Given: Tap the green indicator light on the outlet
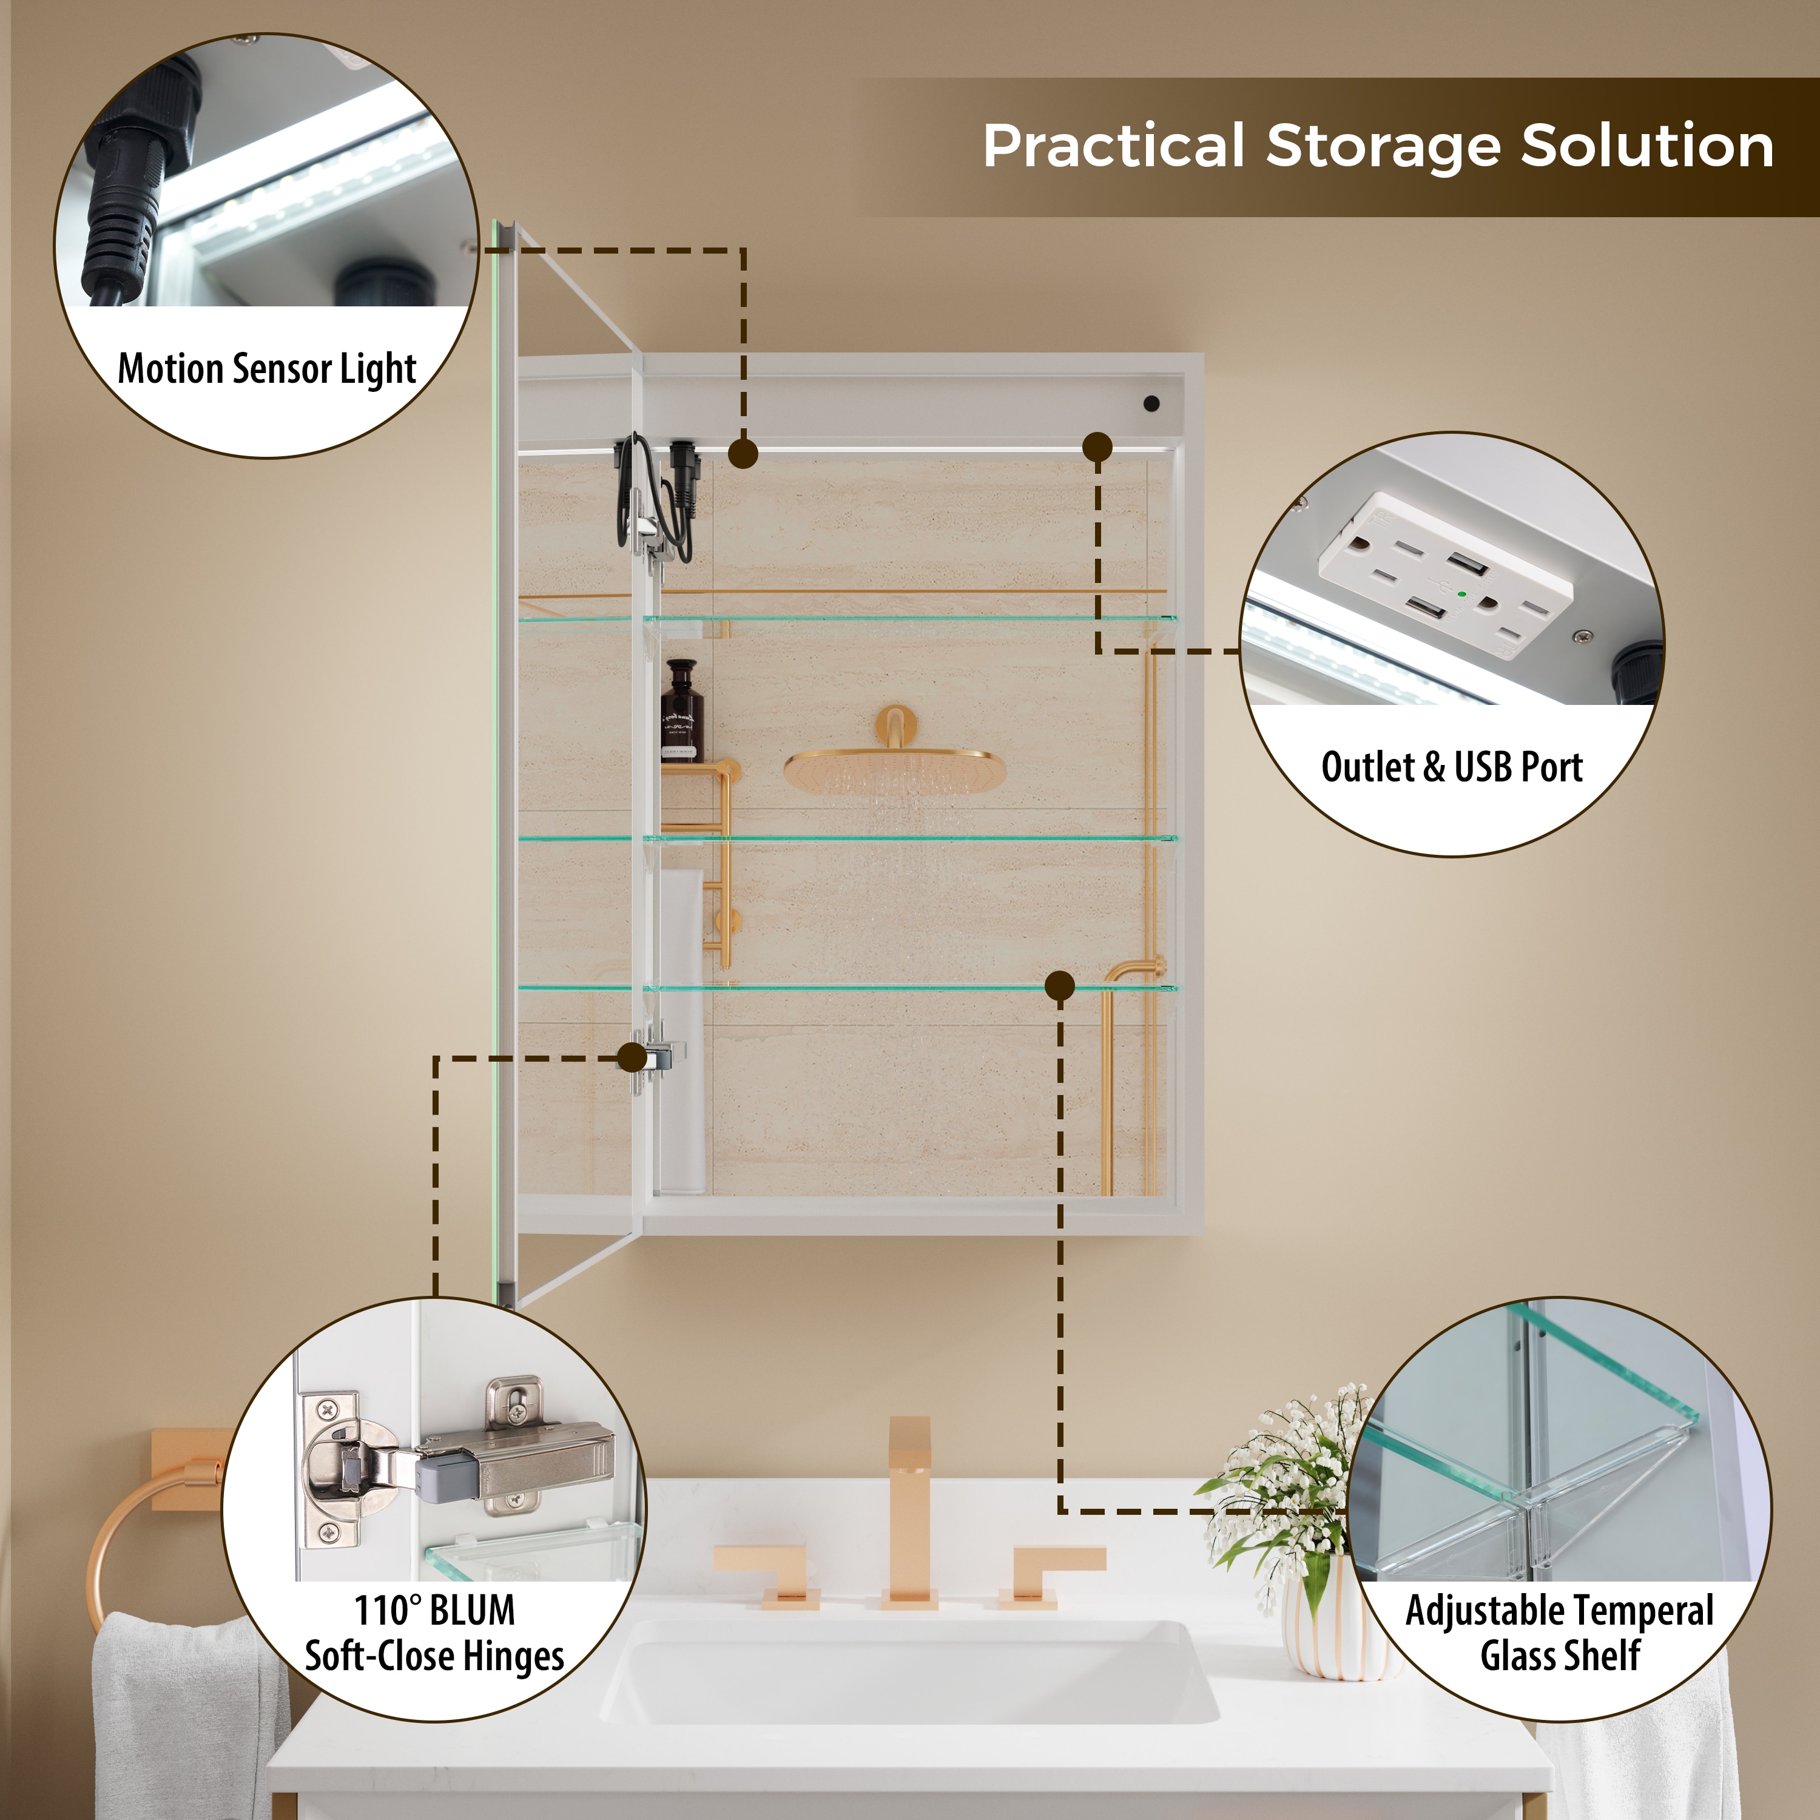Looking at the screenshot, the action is (1461, 595).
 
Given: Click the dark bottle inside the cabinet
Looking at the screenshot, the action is (681, 710).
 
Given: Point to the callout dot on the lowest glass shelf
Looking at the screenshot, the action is (1060, 986).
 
